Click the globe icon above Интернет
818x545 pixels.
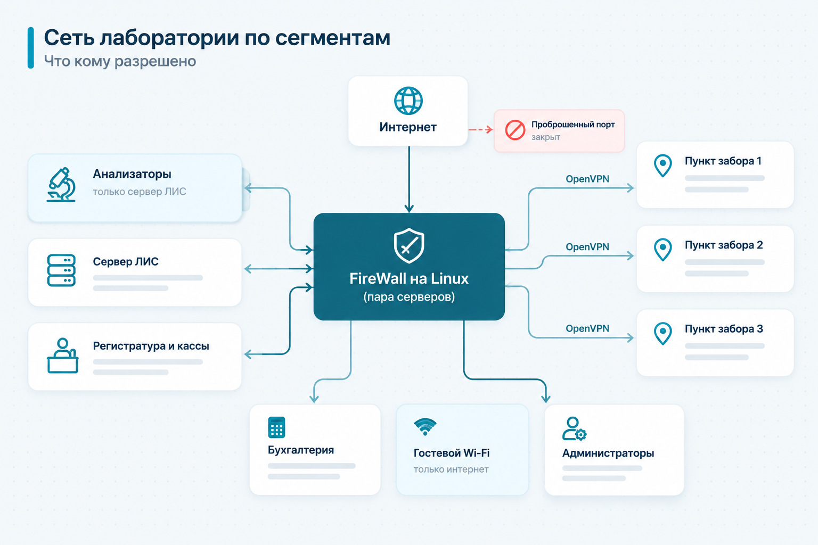click(x=408, y=101)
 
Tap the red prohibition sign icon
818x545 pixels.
click(x=515, y=130)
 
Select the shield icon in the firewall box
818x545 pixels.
click(x=409, y=246)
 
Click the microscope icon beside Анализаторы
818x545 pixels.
click(x=61, y=185)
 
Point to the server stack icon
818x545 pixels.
click(x=61, y=270)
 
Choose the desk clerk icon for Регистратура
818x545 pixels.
click(x=62, y=356)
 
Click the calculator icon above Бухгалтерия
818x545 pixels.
click(x=276, y=427)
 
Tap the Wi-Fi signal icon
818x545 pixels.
click(x=425, y=427)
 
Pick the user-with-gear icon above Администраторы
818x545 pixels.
click(x=575, y=428)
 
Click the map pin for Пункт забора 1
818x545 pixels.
click(x=663, y=166)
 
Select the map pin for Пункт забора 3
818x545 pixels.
click(x=663, y=333)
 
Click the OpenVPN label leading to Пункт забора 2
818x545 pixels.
click(x=587, y=247)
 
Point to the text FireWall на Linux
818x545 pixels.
click(x=409, y=278)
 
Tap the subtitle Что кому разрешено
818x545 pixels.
click(x=120, y=61)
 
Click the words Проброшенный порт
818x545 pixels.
click(x=573, y=125)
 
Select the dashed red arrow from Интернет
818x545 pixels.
click(x=480, y=129)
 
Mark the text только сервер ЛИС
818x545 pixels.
click(x=140, y=192)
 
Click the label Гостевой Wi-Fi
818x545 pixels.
click(x=452, y=453)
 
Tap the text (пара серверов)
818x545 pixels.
click(x=409, y=297)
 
